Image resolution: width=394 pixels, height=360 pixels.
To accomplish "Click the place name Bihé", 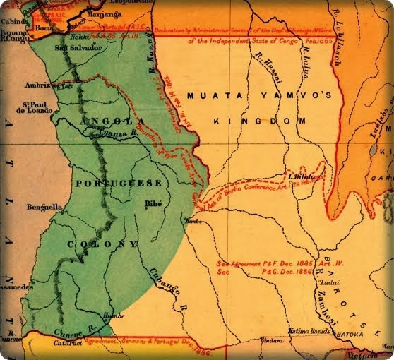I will (152, 204).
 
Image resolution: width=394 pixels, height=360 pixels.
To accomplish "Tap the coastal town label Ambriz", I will (37, 85).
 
